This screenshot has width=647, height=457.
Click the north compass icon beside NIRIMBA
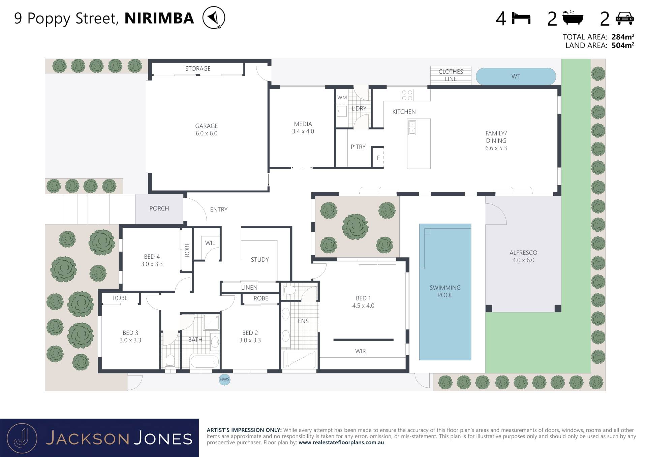(x=214, y=18)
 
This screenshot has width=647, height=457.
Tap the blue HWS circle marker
(x=224, y=380)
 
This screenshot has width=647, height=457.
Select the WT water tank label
(x=516, y=76)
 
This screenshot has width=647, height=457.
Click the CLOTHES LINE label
(x=451, y=75)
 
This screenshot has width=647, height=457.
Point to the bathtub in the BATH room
(x=205, y=362)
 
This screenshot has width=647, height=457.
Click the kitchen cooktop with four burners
(x=407, y=95)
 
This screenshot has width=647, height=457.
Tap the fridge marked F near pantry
(x=378, y=157)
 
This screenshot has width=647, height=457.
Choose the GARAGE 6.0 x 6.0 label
(x=206, y=130)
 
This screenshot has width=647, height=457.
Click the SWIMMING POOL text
(x=445, y=291)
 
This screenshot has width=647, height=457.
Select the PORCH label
(x=159, y=208)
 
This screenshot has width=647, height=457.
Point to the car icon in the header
(x=624, y=18)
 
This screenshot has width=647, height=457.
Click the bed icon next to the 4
(x=521, y=18)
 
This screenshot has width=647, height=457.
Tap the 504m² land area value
(x=623, y=45)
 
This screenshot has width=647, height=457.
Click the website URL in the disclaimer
(x=341, y=443)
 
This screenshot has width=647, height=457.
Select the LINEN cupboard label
(x=249, y=287)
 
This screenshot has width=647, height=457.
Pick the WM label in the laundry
(x=342, y=98)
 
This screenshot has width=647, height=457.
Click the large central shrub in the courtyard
(x=355, y=227)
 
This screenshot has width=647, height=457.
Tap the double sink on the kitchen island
(x=412, y=128)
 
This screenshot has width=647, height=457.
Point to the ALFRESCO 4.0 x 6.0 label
(x=523, y=256)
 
